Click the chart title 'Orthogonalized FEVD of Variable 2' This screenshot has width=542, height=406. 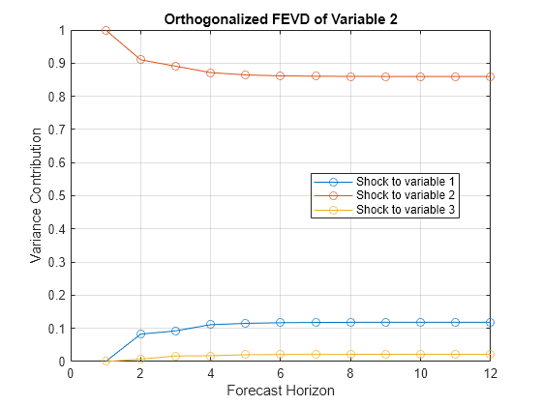[280, 18]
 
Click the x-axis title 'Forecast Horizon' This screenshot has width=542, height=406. [280, 391]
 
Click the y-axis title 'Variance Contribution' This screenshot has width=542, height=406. [36, 196]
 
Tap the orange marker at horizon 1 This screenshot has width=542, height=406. [105, 30]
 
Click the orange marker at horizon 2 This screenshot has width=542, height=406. [140, 60]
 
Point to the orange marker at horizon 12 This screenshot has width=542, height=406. [490, 76]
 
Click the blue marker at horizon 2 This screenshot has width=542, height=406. [140, 333]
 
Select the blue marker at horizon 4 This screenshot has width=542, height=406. [210, 325]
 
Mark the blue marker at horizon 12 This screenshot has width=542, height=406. [490, 322]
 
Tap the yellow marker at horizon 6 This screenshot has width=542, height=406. [281, 354]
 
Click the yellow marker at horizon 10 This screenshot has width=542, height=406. [420, 354]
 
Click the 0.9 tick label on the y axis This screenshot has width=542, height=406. [56, 64]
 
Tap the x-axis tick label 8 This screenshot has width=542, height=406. [350, 373]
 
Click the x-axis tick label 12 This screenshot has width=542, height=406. [490, 373]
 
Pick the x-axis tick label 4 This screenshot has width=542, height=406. [210, 373]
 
